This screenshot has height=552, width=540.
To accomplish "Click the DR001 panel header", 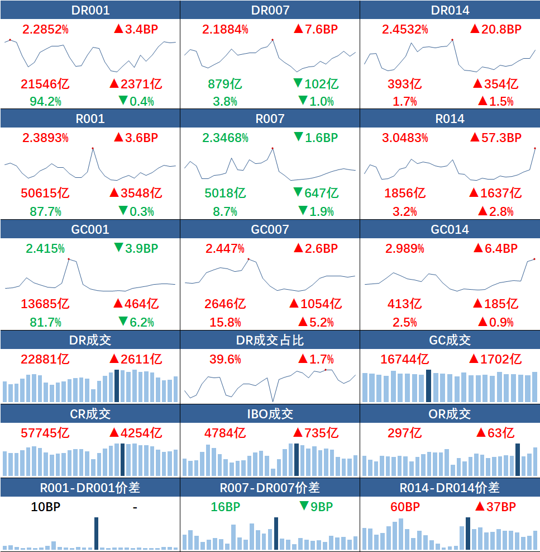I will [90, 10].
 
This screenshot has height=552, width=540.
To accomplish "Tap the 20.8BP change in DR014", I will [495, 29].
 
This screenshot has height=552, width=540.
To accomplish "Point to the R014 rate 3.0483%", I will [405, 138].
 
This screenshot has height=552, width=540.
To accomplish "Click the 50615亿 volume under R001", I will [45, 193].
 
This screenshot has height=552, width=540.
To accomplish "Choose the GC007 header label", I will [270, 229].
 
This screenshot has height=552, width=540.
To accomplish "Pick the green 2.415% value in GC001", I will [45, 248].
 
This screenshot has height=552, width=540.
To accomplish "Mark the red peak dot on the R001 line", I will [93, 148].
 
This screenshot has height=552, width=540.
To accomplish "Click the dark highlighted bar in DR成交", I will [117, 386].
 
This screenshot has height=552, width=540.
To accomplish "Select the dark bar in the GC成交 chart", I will [428, 386].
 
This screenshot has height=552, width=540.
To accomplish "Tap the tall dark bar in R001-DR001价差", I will [96, 533].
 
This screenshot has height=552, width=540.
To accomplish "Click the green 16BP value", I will [226, 507].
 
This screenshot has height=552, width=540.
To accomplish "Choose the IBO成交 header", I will [270, 414].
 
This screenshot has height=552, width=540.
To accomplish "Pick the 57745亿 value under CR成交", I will [45, 433].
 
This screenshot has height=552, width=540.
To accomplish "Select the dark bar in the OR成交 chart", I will [518, 460].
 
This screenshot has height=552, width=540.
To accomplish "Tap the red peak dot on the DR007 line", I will [272, 40].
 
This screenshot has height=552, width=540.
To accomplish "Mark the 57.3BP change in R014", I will [495, 138].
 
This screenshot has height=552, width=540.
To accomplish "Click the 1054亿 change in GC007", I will [315, 304].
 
